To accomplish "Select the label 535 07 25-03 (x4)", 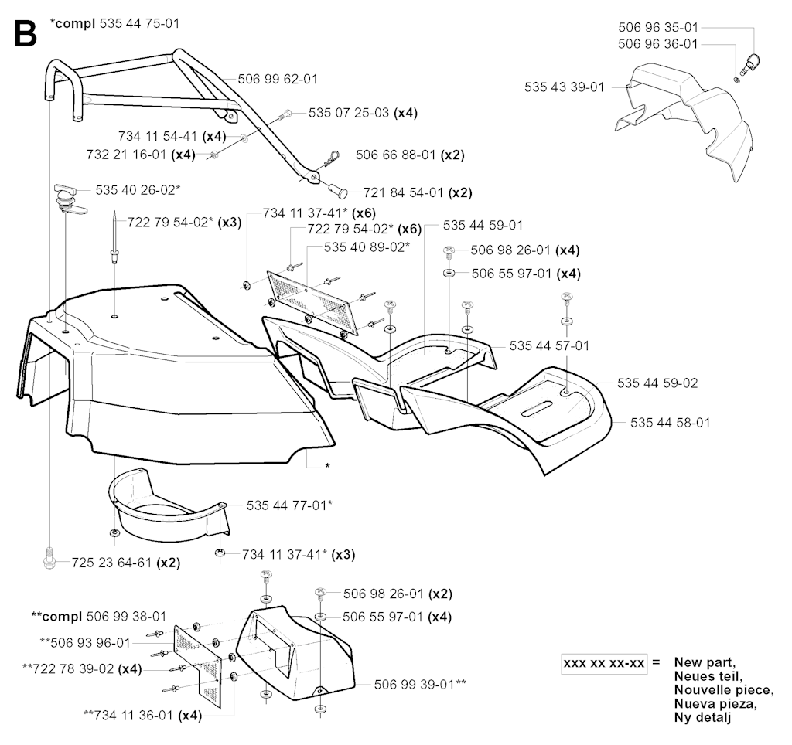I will pyautogui.click(x=363, y=113).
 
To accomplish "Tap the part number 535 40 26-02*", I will pyautogui.click(x=138, y=189).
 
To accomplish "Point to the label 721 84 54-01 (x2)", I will pyautogui.click(x=407, y=192).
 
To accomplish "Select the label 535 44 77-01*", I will pyautogui.click(x=290, y=505).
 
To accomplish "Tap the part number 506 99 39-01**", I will pyautogui.click(x=420, y=683).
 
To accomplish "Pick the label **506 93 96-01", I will pyautogui.click(x=85, y=641).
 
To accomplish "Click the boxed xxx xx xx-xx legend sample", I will pyautogui.click(x=605, y=663).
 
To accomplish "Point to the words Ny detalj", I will pyautogui.click(x=703, y=718).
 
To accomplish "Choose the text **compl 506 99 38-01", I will pyautogui.click(x=98, y=617).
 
